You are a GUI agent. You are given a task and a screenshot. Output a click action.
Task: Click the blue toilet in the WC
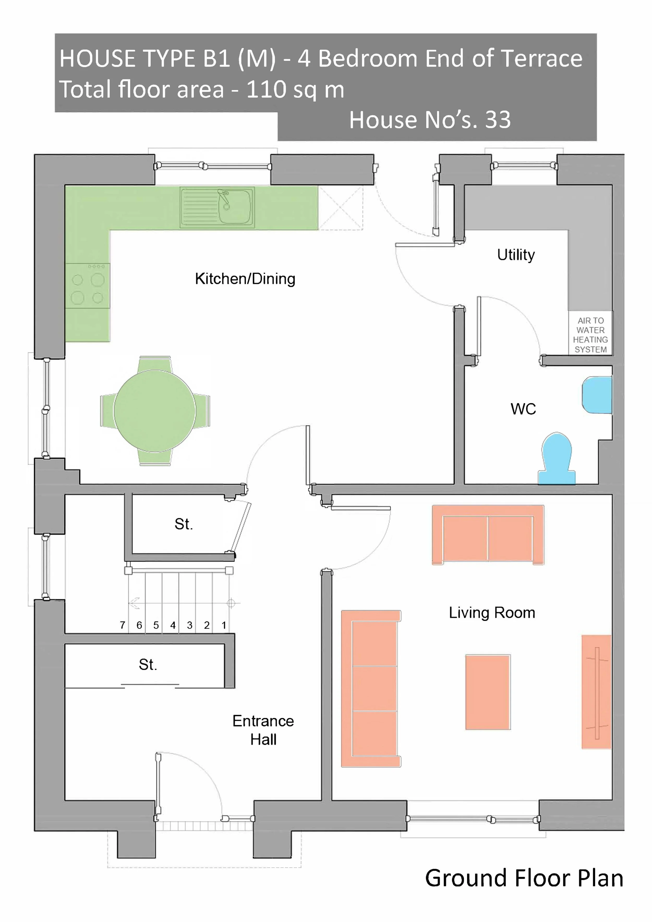click(557, 458)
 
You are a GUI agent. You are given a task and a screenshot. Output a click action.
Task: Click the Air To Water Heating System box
click(590, 334)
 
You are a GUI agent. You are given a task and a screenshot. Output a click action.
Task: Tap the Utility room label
click(516, 255)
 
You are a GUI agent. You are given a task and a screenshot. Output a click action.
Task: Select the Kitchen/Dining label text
click(245, 279)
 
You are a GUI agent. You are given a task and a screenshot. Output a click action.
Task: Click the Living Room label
click(492, 613)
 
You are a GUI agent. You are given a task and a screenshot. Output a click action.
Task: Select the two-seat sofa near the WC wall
click(488, 535)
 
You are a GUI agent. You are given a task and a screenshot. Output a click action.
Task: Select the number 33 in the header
click(498, 120)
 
